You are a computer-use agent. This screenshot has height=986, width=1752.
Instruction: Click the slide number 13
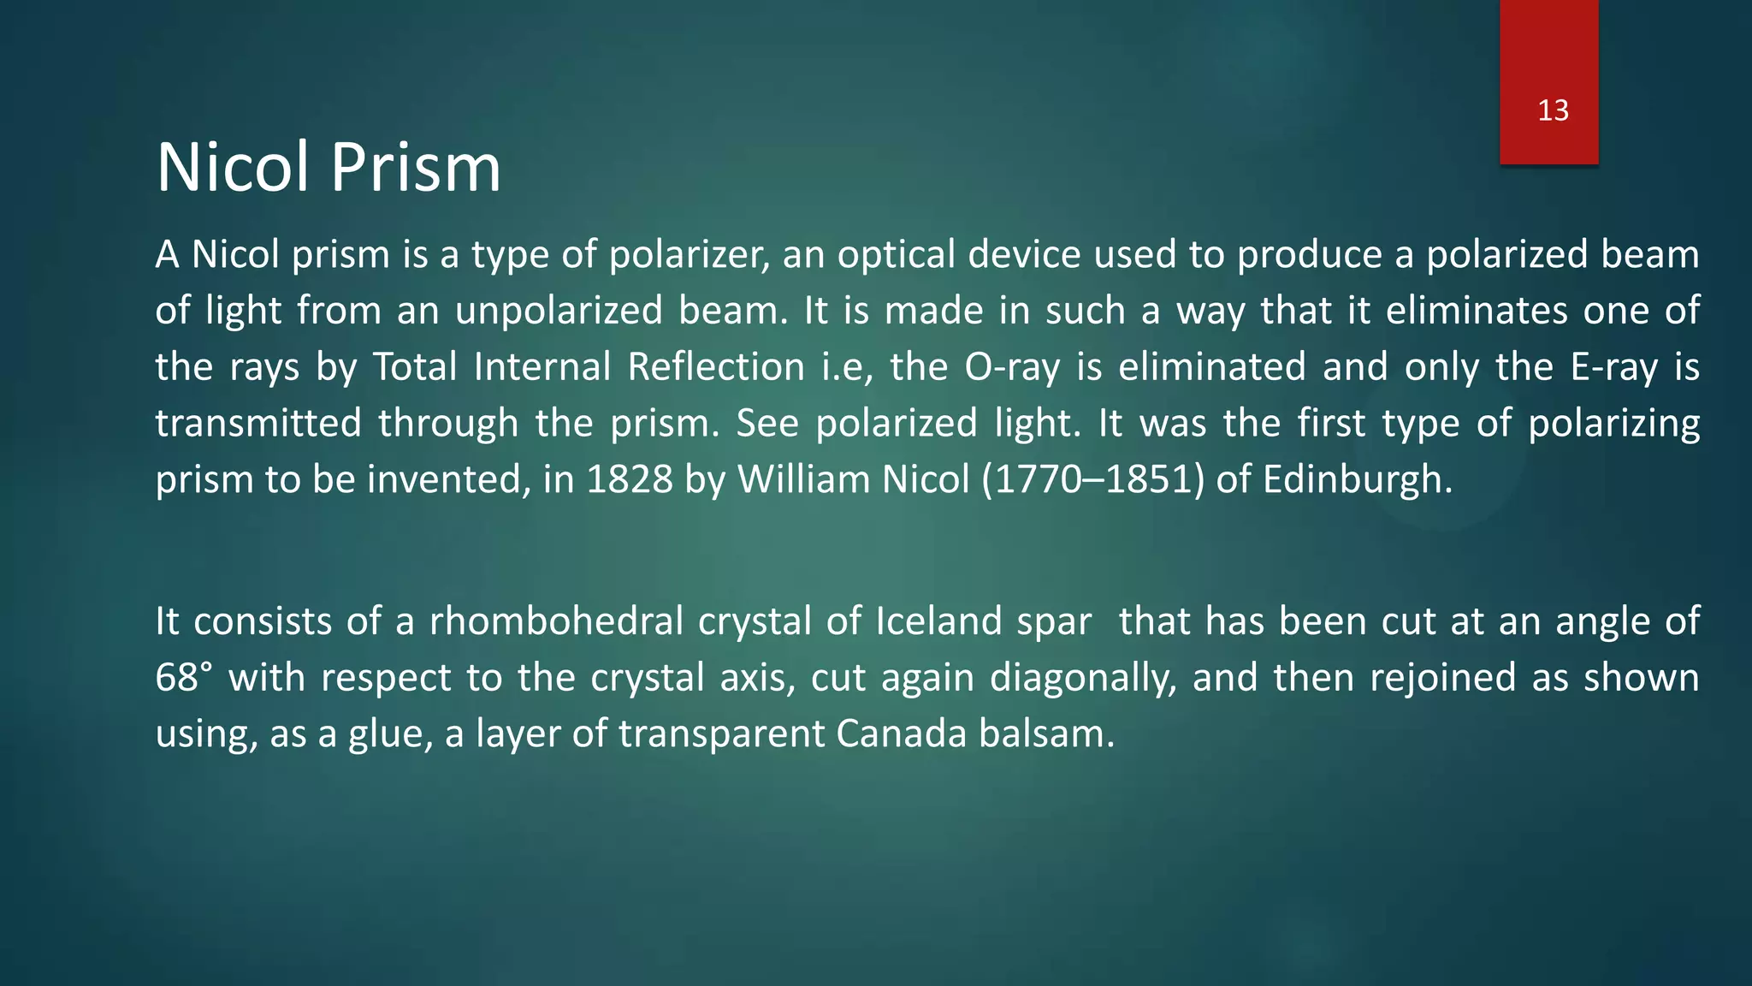pyautogui.click(x=1553, y=110)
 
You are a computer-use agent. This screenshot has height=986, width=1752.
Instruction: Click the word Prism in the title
pyautogui.click(x=415, y=168)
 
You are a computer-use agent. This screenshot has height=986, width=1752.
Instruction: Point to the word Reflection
pyautogui.click(x=716, y=367)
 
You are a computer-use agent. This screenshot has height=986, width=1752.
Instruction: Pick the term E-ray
pyautogui.click(x=1613, y=367)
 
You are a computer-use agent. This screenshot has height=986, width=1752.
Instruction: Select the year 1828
pyautogui.click(x=630, y=479)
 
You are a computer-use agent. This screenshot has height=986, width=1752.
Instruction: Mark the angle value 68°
pyautogui.click(x=183, y=678)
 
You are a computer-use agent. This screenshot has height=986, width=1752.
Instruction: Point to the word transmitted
pyautogui.click(x=257, y=424)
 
